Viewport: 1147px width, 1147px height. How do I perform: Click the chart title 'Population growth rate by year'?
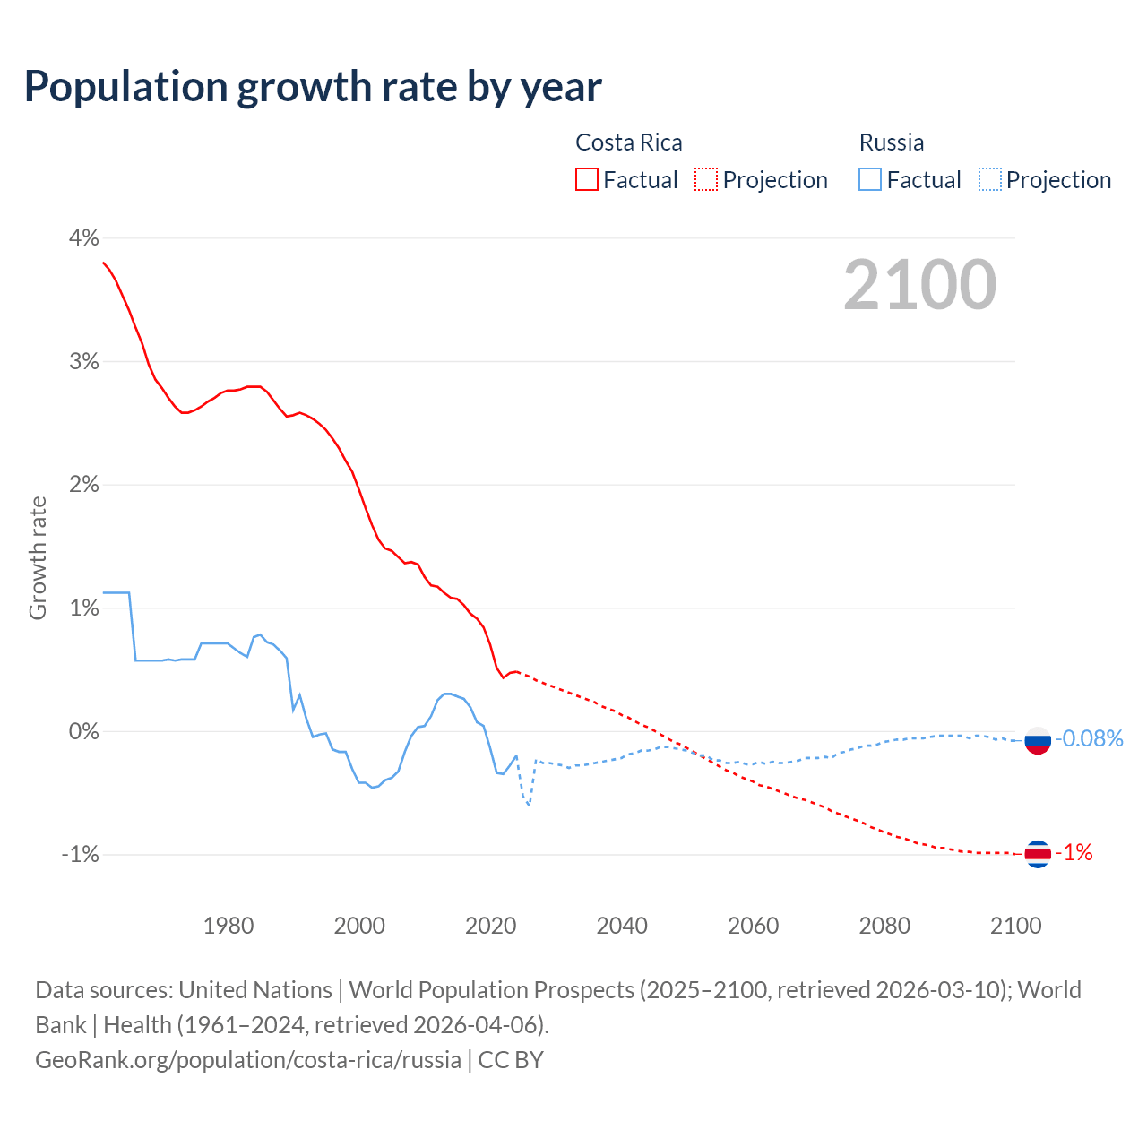coord(313,87)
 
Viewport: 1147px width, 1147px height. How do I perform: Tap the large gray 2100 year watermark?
coord(919,285)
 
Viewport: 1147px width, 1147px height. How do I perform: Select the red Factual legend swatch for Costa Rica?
coord(587,179)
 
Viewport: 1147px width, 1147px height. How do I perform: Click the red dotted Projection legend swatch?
coord(706,179)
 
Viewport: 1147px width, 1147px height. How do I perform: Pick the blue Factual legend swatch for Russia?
coord(870,179)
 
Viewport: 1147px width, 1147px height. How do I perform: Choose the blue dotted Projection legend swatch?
coord(989,179)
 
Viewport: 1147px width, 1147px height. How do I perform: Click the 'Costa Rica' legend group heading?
coord(628,142)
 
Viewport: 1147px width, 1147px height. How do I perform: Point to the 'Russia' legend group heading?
coord(891,142)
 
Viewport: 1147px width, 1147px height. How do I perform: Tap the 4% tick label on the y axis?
coord(83,237)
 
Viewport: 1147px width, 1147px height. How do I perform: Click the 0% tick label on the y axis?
coord(83,731)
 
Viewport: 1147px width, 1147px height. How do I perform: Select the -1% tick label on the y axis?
coord(80,854)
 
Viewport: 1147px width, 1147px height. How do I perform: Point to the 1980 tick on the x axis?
coord(229,926)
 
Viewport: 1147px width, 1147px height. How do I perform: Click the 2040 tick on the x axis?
coord(622,926)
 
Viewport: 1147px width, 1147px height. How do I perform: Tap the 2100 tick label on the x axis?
coord(1015,926)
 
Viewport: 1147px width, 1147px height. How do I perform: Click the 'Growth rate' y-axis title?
coord(38,557)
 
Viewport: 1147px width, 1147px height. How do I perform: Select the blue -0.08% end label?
coord(1089,738)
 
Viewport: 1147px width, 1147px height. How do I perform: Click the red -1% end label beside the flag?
coord(1074,853)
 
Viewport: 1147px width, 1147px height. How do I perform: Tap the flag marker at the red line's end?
coord(1037,854)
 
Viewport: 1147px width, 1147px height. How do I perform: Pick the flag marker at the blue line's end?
coord(1037,741)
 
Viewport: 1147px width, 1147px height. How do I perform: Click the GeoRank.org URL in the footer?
coord(248,1060)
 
